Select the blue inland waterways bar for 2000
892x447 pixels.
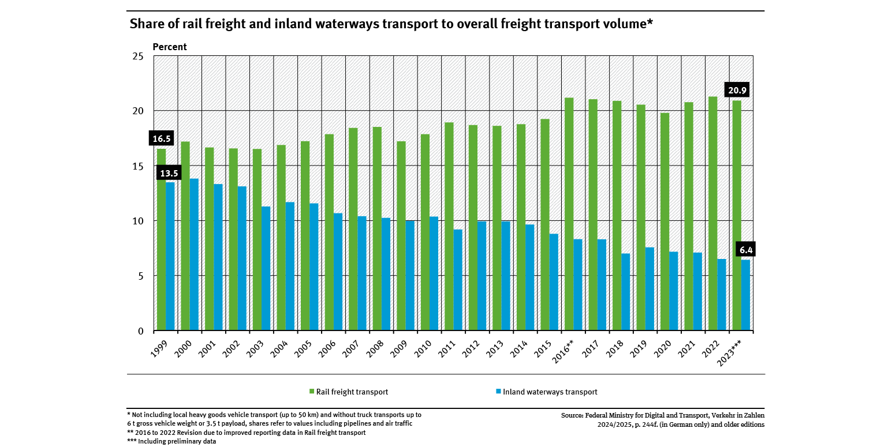point(194,254)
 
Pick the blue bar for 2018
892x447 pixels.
point(626,292)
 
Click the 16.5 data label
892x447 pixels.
point(162,138)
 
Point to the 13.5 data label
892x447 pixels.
point(170,172)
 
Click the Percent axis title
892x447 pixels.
point(170,47)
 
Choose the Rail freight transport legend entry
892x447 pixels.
point(352,392)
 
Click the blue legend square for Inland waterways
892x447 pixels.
point(498,392)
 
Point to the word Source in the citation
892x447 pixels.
point(573,415)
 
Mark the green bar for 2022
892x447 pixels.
point(713,213)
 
